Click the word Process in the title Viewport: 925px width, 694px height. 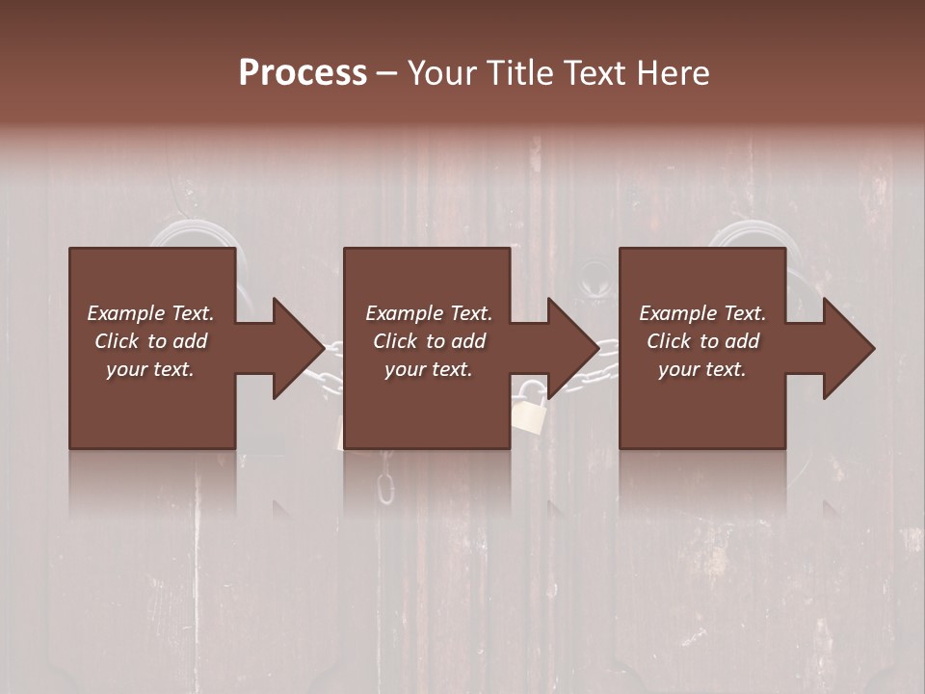coord(303,72)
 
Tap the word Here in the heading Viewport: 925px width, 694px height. coord(673,73)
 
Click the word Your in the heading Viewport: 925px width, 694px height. coord(443,73)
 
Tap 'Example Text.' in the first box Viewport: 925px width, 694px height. coord(150,313)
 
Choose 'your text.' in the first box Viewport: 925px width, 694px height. coord(150,369)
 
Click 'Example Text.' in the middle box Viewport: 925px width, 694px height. coord(429,313)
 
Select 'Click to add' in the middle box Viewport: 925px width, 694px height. coord(429,341)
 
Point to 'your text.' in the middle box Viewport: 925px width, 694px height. coord(429,369)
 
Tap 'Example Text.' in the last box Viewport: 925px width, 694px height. coord(702,313)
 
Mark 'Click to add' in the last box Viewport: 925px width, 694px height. coord(702,341)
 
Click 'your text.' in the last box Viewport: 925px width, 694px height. coord(702,369)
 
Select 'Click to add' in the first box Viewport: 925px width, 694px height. coord(150,341)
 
